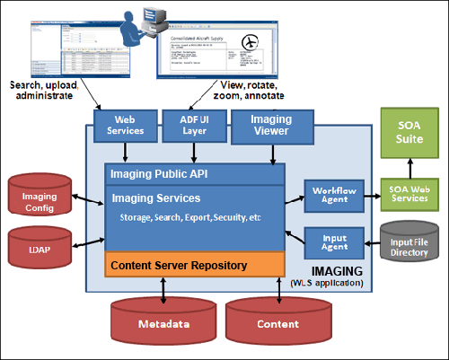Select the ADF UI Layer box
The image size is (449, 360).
pyautogui.click(x=189, y=123)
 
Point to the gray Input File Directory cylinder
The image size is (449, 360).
pyautogui.click(x=409, y=241)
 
